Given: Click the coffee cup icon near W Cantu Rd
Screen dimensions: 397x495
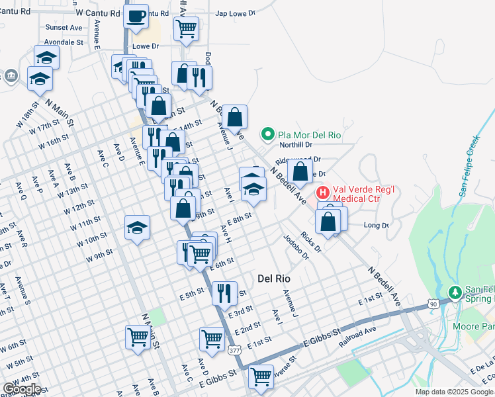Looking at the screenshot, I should [137, 17].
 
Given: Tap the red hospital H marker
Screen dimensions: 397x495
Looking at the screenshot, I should [323, 193].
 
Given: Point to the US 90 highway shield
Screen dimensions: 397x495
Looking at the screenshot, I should [432, 303].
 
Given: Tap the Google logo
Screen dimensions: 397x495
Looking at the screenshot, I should [22, 389].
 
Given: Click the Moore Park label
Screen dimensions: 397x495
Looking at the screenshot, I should [474, 326].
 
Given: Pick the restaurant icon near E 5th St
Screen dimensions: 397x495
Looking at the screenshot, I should [224, 291].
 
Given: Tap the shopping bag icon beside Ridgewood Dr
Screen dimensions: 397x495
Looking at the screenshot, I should [300, 170].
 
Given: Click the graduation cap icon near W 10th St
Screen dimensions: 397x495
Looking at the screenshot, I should [137, 228].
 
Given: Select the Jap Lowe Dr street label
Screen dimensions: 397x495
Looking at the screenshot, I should [235, 13].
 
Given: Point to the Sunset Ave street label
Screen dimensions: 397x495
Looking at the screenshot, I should [64, 28].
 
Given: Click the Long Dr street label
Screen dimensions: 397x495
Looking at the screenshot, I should [376, 226].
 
